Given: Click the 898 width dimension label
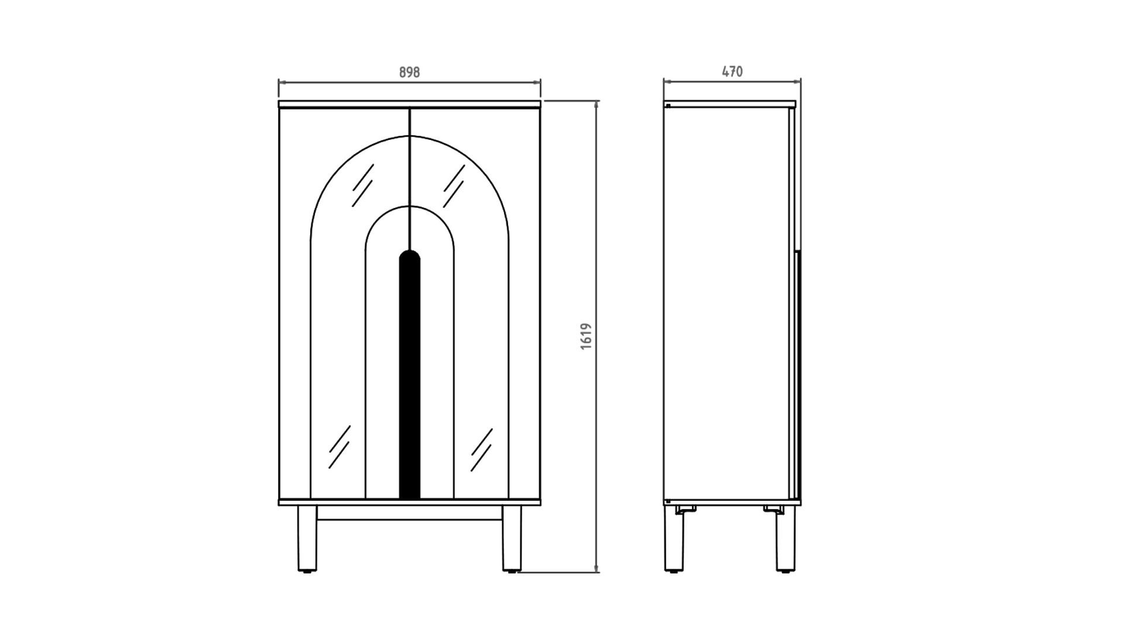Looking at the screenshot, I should [x=409, y=72].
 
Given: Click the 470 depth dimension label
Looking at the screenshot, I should [x=732, y=71].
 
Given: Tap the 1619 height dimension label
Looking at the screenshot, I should [x=586, y=336].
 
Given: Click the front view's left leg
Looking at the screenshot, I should [x=307, y=538].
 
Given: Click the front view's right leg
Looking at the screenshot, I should [x=511, y=538].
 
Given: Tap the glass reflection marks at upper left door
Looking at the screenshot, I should [x=362, y=185].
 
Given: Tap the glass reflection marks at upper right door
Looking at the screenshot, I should [x=454, y=185].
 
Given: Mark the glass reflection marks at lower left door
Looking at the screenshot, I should [x=340, y=446].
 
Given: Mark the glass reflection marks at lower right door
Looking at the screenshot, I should [x=481, y=449].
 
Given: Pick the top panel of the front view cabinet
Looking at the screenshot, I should [x=409, y=104].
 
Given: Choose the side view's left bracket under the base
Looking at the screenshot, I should [x=686, y=510].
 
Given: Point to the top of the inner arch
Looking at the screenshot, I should [x=409, y=206].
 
